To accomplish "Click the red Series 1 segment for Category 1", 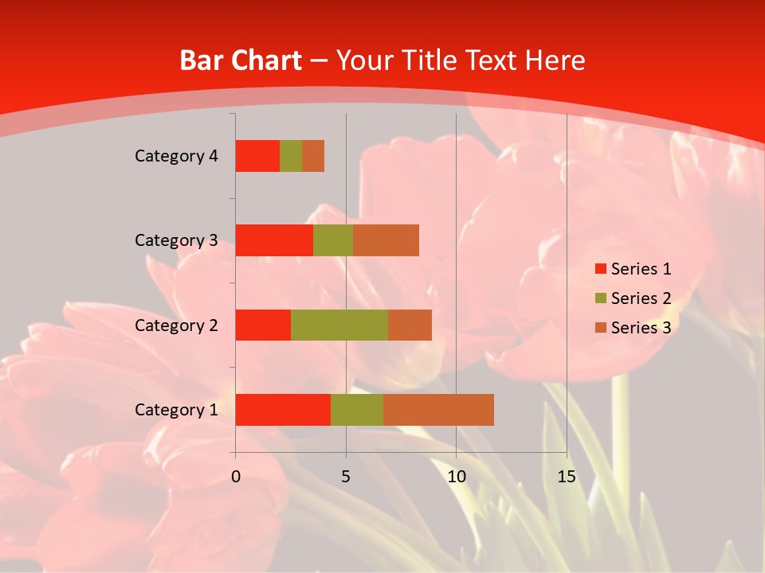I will tap(283, 410).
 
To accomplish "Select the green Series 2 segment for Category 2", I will tap(339, 325).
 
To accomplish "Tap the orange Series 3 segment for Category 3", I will tap(386, 240).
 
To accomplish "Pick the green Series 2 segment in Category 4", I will tap(291, 156).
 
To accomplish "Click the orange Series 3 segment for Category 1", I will tap(438, 410).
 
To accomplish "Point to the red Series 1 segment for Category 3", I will tap(274, 240).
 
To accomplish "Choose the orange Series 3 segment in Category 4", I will tap(313, 156).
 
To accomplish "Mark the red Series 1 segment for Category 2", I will tap(263, 325).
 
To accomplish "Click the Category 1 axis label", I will tap(176, 410).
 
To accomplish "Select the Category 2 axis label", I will tap(176, 325).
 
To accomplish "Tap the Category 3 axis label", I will tap(176, 240).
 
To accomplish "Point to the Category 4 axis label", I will tap(176, 156).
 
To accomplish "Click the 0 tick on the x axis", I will tap(236, 477).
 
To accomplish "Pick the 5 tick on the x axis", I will tap(346, 477).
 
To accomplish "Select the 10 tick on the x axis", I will tap(456, 477).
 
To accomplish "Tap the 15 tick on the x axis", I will tap(566, 477).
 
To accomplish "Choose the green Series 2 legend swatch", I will tap(600, 298).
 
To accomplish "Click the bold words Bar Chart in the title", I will tap(241, 60).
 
